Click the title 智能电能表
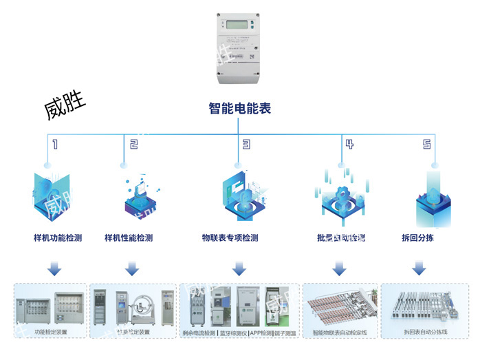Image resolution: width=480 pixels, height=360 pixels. tap(239, 108)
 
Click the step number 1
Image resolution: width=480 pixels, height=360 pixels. tap(54, 145)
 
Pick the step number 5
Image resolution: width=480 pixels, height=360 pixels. tap(427, 145)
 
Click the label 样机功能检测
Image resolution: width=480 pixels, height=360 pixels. tap(58, 238)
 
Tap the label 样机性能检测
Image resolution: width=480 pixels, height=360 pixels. tap(129, 238)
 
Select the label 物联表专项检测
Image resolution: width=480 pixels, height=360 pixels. tap(230, 238)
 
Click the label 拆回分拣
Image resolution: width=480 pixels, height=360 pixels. tap(417, 238)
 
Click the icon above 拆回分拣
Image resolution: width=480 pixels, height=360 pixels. tap(433, 200)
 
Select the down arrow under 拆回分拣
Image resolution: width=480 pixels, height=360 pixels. tap(417, 268)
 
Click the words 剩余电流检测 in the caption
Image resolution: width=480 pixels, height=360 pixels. tap(199, 332)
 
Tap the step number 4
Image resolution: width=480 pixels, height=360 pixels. tap(349, 145)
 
